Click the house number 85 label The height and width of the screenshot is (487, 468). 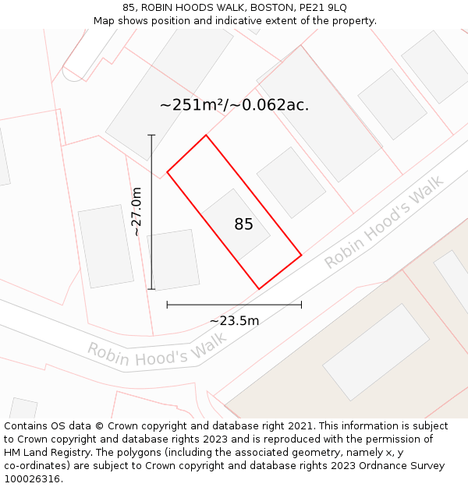[243, 224]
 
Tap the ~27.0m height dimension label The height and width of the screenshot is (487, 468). [136, 211]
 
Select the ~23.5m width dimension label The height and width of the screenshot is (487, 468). [234, 320]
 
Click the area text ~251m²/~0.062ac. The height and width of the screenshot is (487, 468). [234, 105]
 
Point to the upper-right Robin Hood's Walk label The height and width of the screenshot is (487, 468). [384, 222]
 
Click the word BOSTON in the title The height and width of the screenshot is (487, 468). [271, 8]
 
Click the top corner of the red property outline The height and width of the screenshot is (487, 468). [206, 136]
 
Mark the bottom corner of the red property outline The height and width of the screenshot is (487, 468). [260, 289]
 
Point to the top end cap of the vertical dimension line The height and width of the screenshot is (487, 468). [151, 136]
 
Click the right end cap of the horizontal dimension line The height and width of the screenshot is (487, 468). [301, 305]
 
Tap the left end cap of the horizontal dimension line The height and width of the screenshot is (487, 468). [167, 305]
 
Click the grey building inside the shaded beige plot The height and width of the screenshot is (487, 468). [376, 352]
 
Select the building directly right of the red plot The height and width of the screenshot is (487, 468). [291, 182]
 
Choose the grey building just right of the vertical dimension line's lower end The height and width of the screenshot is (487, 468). [174, 259]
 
